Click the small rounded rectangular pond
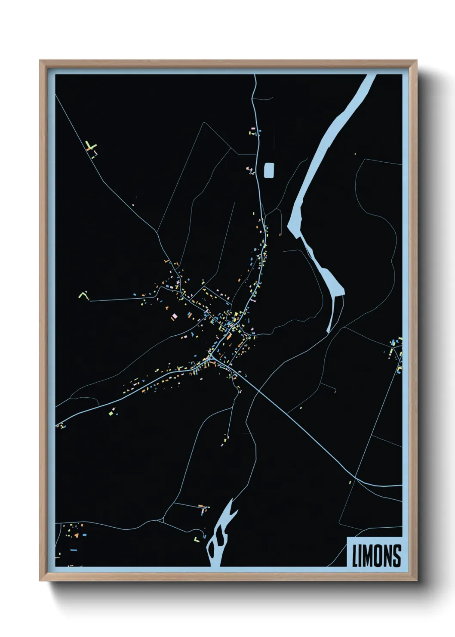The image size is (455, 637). point(269,170)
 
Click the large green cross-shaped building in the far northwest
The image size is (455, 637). point(90,146)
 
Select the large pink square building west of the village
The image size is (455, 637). point(174,316)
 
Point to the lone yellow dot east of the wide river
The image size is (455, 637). point(355,154)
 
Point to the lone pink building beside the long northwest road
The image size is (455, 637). point(133,205)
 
